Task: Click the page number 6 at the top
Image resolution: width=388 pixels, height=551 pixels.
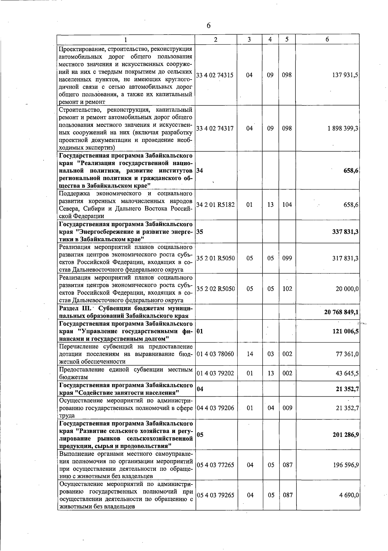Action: coord(209,26)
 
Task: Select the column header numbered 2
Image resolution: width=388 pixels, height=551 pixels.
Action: coord(216,39)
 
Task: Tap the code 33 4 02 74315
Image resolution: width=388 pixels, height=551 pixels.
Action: coord(215,75)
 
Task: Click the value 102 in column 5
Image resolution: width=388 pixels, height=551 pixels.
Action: coord(287,289)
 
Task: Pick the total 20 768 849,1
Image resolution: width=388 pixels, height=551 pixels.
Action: coord(341,312)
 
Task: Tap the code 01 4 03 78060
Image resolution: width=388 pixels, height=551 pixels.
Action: coord(215,354)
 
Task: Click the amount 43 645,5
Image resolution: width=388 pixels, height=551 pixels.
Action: coord(347,373)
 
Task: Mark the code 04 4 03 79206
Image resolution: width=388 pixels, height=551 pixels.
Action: coord(215,408)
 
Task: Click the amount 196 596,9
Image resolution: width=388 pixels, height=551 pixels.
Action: coord(346,465)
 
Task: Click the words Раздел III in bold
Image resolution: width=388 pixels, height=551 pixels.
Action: coord(77,308)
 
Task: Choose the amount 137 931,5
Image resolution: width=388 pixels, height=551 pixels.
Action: coord(345,75)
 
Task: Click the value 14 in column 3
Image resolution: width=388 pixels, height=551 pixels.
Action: coord(250,354)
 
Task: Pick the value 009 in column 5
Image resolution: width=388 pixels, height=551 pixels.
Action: coord(287,408)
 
